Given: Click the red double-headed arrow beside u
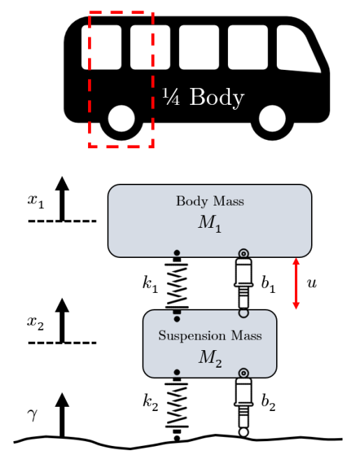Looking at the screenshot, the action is point(296,284).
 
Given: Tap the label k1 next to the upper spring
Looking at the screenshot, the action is point(150,284).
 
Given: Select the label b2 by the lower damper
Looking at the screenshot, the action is point(268,403).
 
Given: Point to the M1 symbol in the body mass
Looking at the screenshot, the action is point(210,224).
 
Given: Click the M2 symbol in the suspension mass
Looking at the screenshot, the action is point(210,359).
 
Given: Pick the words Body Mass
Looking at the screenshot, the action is point(210,201).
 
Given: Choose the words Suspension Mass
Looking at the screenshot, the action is point(210,335).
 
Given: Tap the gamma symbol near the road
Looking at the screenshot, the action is point(33,415).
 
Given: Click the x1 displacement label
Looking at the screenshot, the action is point(36,201).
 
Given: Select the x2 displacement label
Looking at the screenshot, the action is point(36,323).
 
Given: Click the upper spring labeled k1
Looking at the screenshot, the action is point(177,286).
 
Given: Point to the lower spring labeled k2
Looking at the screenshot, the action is point(177,405).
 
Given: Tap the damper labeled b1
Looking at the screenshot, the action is point(243,283).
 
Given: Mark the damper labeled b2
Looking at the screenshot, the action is point(243,403).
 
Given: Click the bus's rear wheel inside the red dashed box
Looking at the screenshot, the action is point(122,118).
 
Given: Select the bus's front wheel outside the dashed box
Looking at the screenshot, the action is point(272,118).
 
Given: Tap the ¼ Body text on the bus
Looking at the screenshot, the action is point(203,97).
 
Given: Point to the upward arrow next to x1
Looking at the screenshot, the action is point(62,198).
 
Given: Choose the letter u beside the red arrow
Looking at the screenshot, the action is point(312,283).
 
